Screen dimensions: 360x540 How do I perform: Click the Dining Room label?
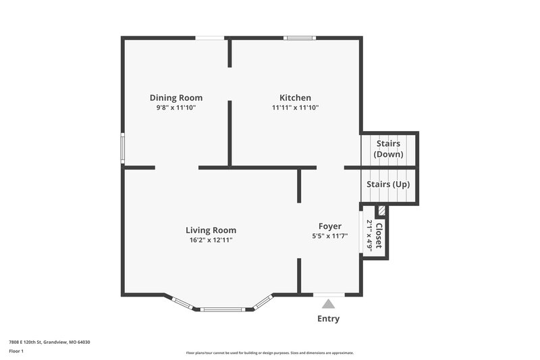pos(175,98)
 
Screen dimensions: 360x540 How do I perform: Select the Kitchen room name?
pos(295,98)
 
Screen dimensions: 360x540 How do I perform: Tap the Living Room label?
pos(211,230)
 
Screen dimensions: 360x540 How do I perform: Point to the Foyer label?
pos(330,226)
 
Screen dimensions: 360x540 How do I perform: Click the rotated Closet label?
pos(379,236)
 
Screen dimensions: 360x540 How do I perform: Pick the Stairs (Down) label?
pos(388,149)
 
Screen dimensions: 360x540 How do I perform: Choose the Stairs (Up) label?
pos(388,184)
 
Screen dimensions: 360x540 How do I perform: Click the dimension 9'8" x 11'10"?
pos(175,107)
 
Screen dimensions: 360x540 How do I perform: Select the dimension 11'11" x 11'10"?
pos(295,107)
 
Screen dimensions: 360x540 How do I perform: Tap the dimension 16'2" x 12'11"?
pos(211,240)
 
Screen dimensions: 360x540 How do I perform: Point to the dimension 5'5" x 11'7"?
pos(330,236)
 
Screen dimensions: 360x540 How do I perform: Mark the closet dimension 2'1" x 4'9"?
pos(370,235)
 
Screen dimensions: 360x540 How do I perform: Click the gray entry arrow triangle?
pos(328,305)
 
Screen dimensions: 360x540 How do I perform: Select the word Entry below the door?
pos(328,319)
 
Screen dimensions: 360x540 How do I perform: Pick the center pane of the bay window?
pos(223,309)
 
